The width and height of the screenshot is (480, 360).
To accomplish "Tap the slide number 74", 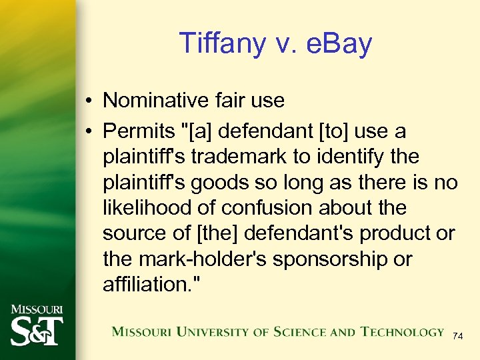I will pos(457,337).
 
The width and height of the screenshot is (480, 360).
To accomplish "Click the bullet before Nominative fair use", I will pos(89,101).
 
